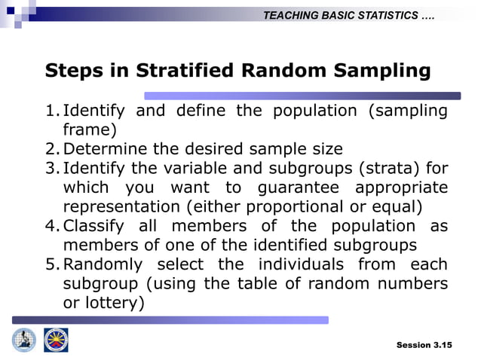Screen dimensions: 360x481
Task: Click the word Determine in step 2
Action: tap(104, 149)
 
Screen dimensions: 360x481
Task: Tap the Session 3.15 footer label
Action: tap(424, 345)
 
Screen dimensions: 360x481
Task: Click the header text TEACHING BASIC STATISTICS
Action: tap(348, 16)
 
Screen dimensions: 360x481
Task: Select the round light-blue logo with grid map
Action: tap(24, 340)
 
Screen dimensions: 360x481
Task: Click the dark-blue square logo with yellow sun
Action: tap(56, 340)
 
